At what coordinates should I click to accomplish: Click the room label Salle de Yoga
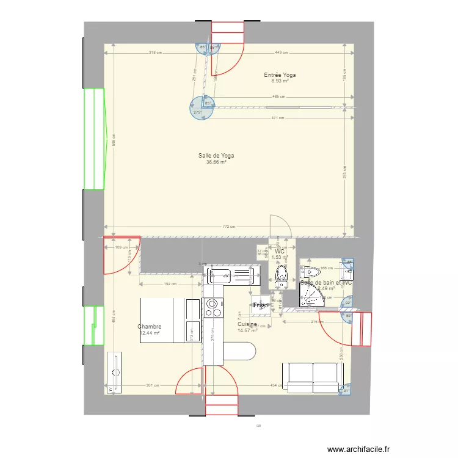tap(216, 156)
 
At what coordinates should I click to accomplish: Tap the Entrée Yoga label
tap(280, 75)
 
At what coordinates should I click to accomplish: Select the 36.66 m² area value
tap(216, 162)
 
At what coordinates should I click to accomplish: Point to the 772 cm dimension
tap(228, 227)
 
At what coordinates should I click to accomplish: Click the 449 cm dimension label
tap(282, 53)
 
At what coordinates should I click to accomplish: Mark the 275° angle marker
tap(197, 112)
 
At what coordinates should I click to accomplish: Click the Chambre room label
tap(150, 327)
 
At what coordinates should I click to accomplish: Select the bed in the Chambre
tap(170, 321)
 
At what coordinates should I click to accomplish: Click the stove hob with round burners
tap(211, 308)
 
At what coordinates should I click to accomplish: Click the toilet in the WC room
tap(282, 276)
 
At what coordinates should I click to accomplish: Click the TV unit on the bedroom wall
tap(114, 373)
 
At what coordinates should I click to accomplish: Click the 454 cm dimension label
tap(276, 385)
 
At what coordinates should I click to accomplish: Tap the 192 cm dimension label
tap(170, 284)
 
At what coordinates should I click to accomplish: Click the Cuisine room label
tap(247, 324)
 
